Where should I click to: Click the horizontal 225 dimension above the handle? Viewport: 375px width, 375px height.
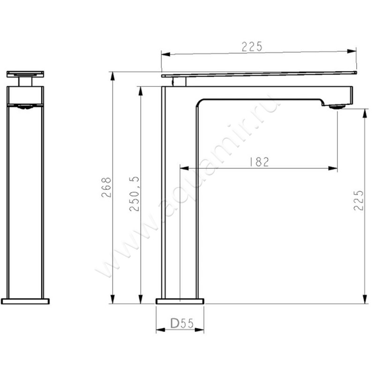pos(252,46)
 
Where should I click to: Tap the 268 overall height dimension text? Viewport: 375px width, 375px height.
pos(107,187)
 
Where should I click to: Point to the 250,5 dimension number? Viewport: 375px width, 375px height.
pos(135,194)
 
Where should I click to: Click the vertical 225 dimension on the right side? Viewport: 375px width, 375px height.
pos(359,200)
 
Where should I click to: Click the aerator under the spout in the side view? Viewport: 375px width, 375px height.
pos(337,107)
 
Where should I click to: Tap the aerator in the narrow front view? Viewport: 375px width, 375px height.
pos(25,107)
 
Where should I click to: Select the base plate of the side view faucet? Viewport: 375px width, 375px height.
pos(180,301)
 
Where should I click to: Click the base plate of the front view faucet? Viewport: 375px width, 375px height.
pos(25,301)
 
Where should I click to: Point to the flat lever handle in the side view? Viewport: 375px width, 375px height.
pos(259,74)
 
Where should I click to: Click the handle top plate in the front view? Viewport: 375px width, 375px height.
pos(25,74)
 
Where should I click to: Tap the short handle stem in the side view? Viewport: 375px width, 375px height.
pos(179,82)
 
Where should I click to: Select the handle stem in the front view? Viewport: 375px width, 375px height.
pos(25,82)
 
